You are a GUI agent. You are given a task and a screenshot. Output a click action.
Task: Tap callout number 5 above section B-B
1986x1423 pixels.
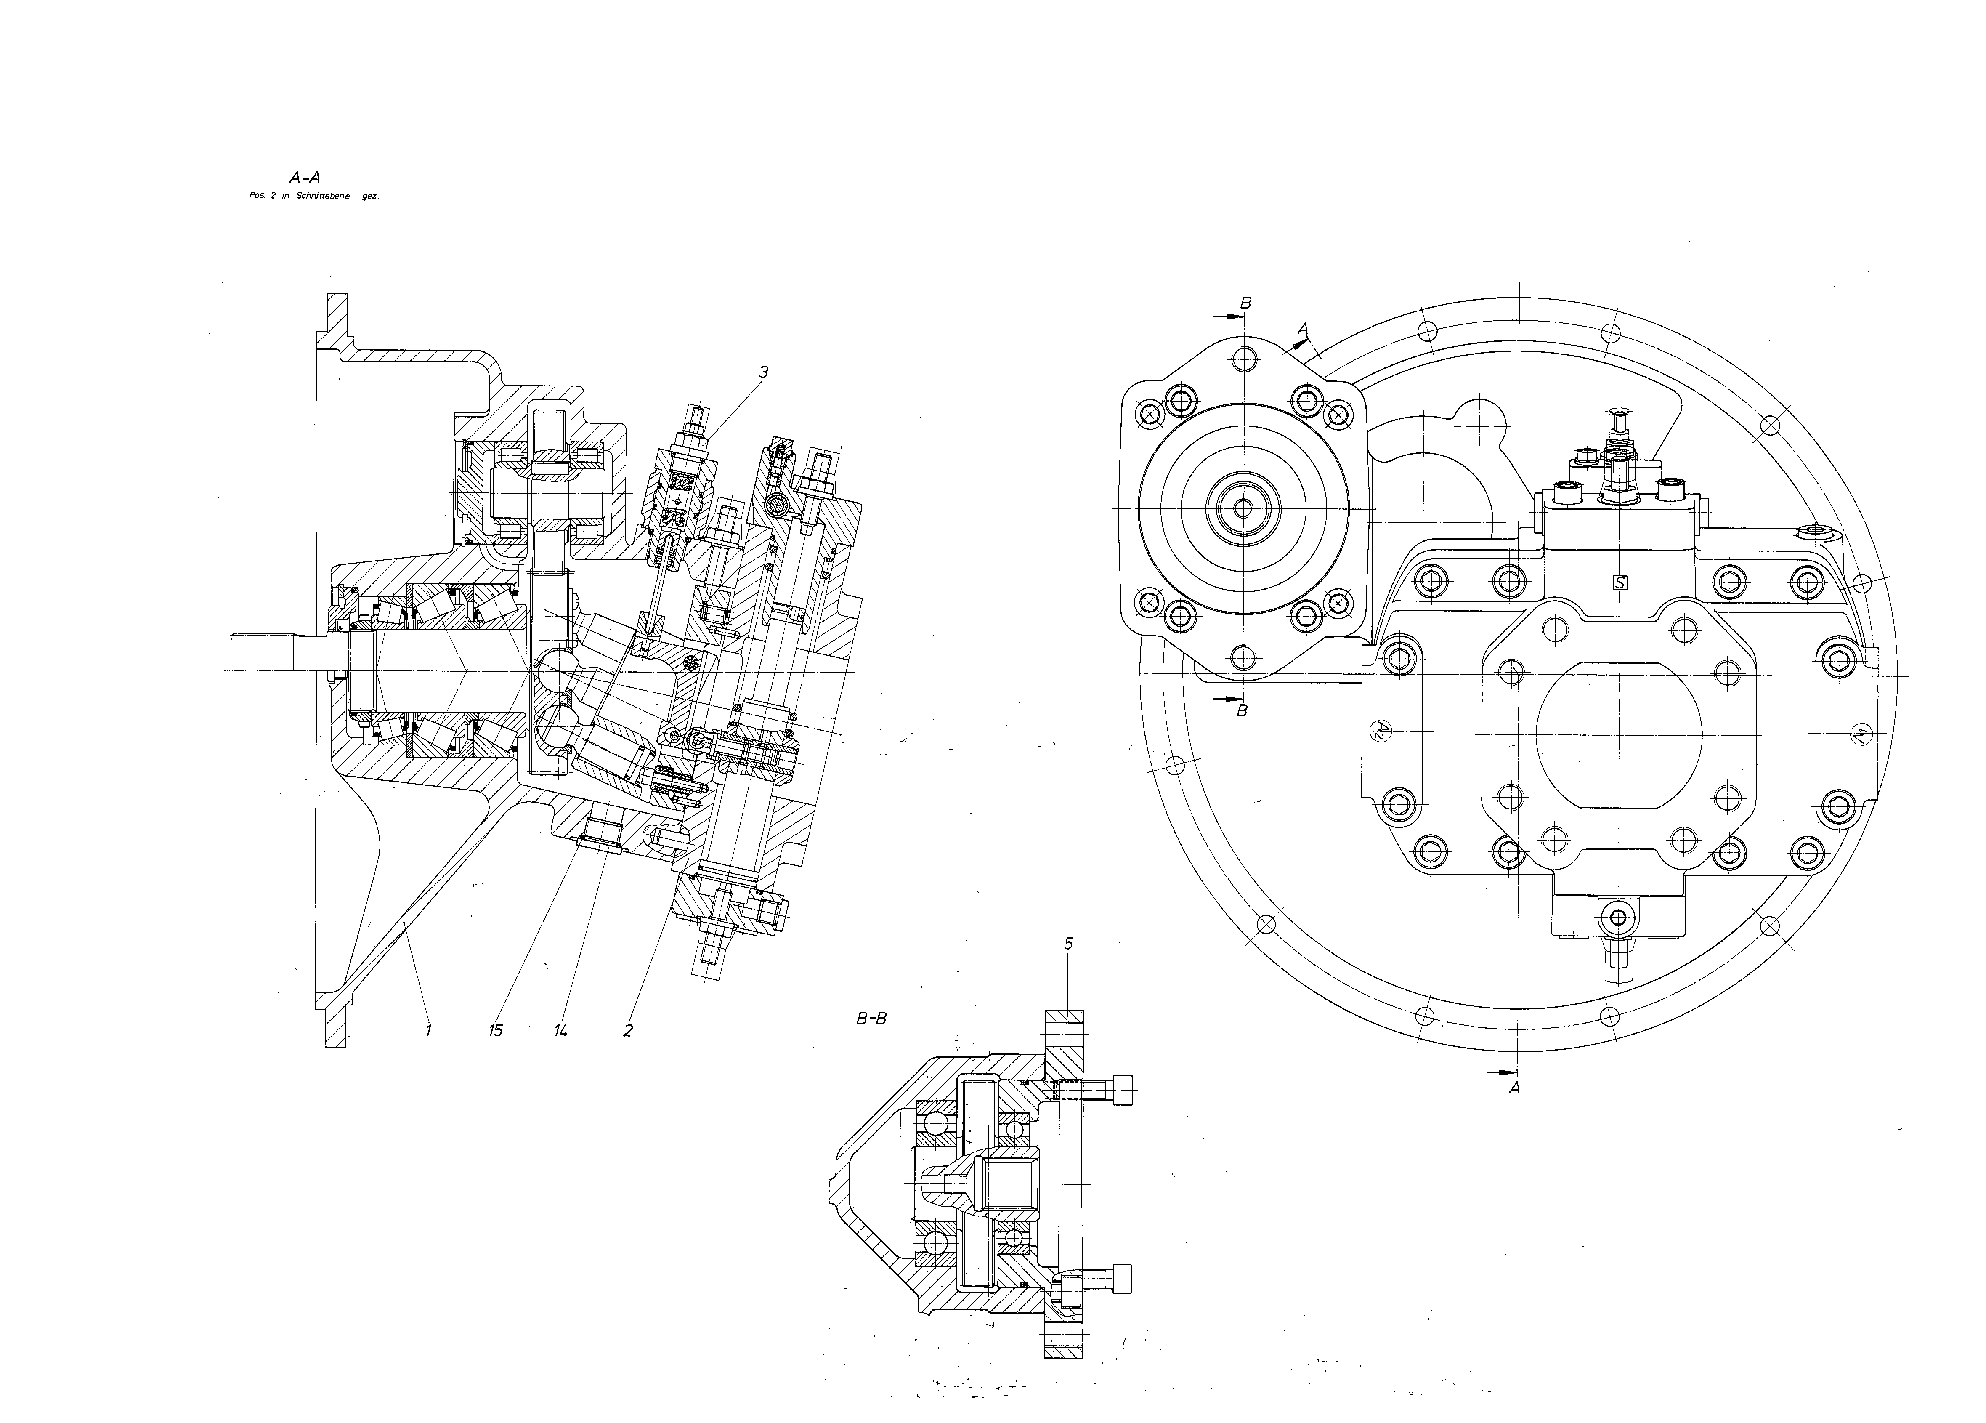[1068, 943]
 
